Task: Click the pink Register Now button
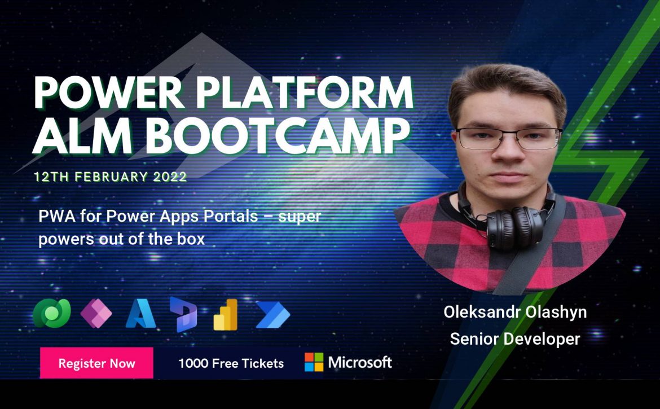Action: pos(96,363)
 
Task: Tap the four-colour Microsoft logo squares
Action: pos(314,362)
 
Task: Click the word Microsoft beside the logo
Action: pos(360,362)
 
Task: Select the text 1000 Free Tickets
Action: pos(231,363)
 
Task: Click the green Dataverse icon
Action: pos(52,313)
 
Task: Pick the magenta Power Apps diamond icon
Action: pos(96,314)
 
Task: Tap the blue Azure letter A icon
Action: pos(140,314)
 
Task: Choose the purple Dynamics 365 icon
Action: pos(183,314)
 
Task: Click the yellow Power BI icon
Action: pos(226,314)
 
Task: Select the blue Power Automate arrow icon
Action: pos(273,314)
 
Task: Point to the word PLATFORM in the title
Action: pos(304,93)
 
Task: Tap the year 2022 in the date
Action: pos(170,177)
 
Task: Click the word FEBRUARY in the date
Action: pos(111,177)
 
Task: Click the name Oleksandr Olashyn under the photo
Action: pos(515,312)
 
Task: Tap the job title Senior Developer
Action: pos(515,338)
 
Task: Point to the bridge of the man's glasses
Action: pos(509,134)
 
